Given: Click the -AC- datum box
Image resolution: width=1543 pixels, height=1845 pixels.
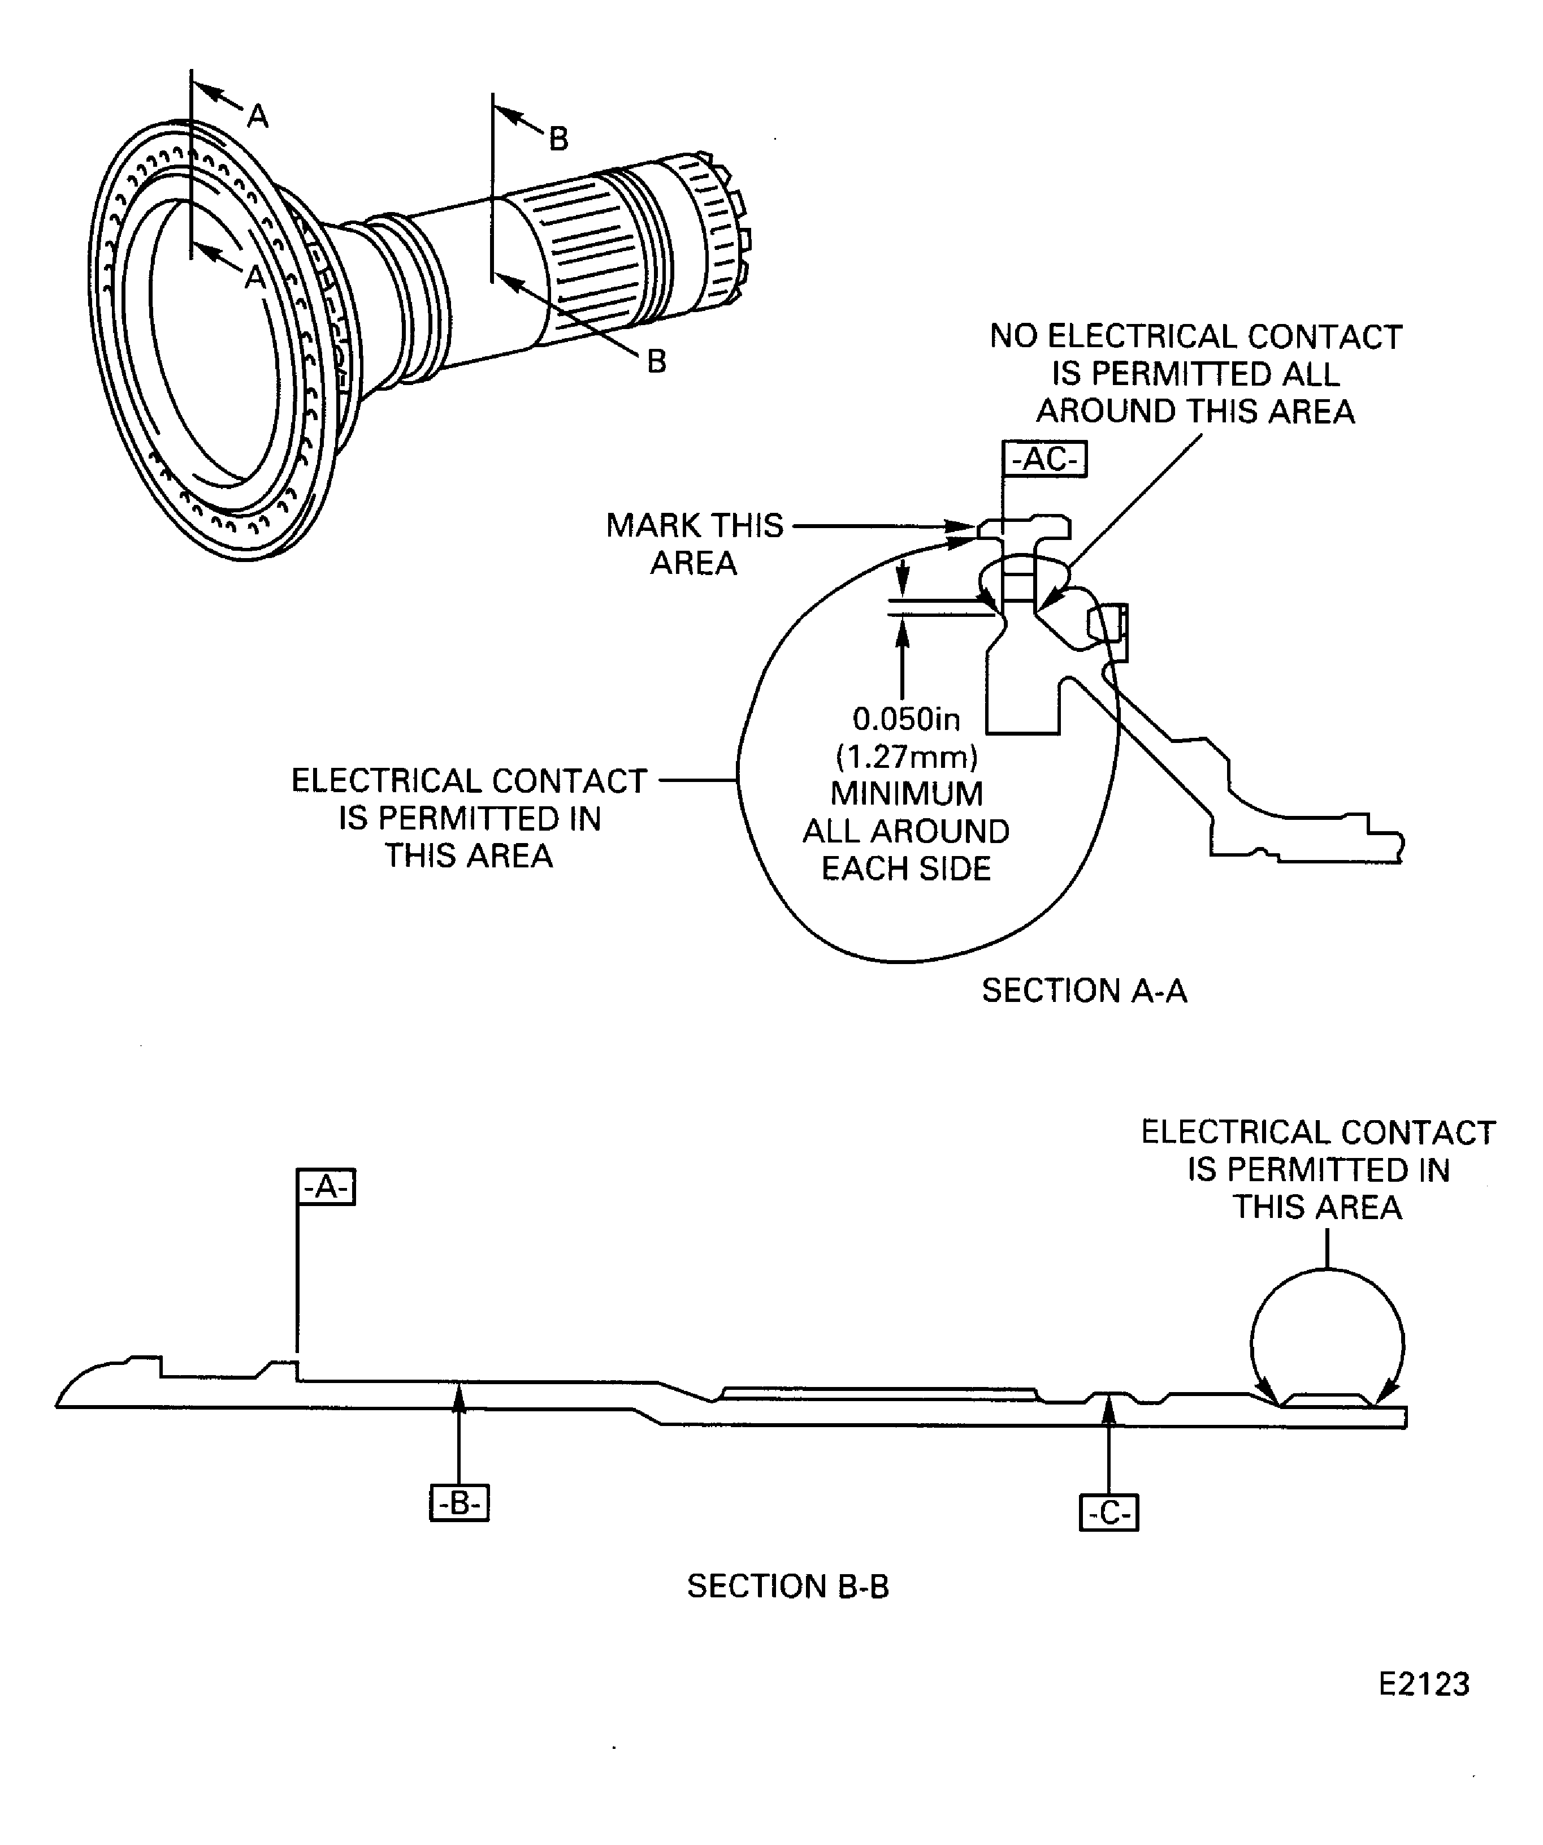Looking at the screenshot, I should [1044, 459].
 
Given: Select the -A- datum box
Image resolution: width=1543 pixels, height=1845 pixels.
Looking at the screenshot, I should [326, 1187].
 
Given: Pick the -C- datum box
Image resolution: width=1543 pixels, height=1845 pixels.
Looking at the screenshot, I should [1108, 1513].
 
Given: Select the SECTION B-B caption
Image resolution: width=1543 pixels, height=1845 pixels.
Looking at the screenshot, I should [788, 1587].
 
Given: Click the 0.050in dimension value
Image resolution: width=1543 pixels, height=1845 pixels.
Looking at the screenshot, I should [907, 720].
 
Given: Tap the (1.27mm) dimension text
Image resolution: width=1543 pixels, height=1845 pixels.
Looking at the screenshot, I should [907, 757].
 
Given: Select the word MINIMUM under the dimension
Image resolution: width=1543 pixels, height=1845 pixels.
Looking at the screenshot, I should [907, 793].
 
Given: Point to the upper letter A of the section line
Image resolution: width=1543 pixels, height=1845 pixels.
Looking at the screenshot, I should [257, 115].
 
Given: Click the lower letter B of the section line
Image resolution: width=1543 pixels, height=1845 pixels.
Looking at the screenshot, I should [656, 361].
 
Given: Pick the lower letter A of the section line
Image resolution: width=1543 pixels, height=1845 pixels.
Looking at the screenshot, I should [255, 276].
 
